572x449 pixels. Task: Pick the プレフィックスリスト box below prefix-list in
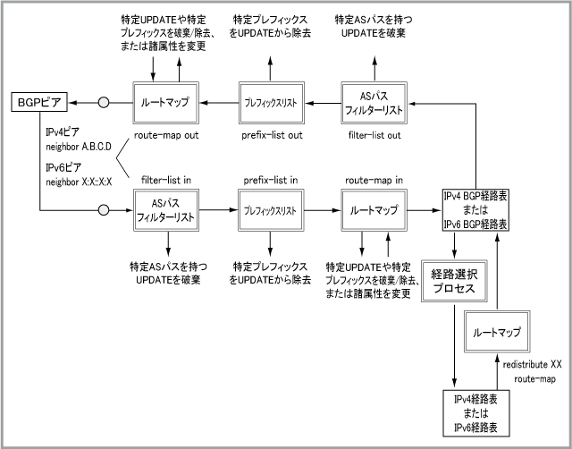point(269,211)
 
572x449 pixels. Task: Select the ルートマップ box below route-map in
point(374,211)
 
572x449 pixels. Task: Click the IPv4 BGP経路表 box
point(476,211)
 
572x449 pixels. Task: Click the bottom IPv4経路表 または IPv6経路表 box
point(476,412)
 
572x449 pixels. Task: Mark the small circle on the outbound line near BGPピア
point(104,103)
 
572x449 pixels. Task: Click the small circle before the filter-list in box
point(104,211)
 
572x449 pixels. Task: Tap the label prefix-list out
point(269,136)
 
